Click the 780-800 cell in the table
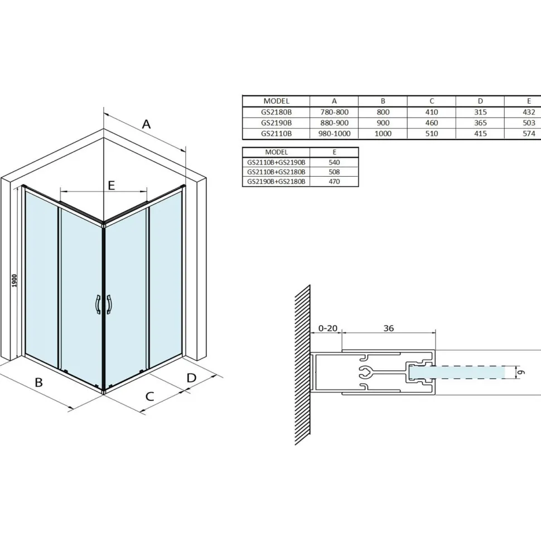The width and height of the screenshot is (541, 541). [x=334, y=112]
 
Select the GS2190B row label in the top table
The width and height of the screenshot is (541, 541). [x=276, y=123]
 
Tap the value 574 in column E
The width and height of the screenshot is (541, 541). [x=529, y=133]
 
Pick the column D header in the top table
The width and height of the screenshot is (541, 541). [x=480, y=101]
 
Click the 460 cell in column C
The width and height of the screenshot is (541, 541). [x=431, y=123]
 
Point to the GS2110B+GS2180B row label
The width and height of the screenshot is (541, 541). [x=276, y=172]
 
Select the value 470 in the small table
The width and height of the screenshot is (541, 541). [x=334, y=181]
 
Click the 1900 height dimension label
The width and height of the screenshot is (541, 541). [x=14, y=281]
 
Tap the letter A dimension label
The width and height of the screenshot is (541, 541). [x=146, y=124]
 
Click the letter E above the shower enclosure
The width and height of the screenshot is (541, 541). [x=111, y=186]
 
